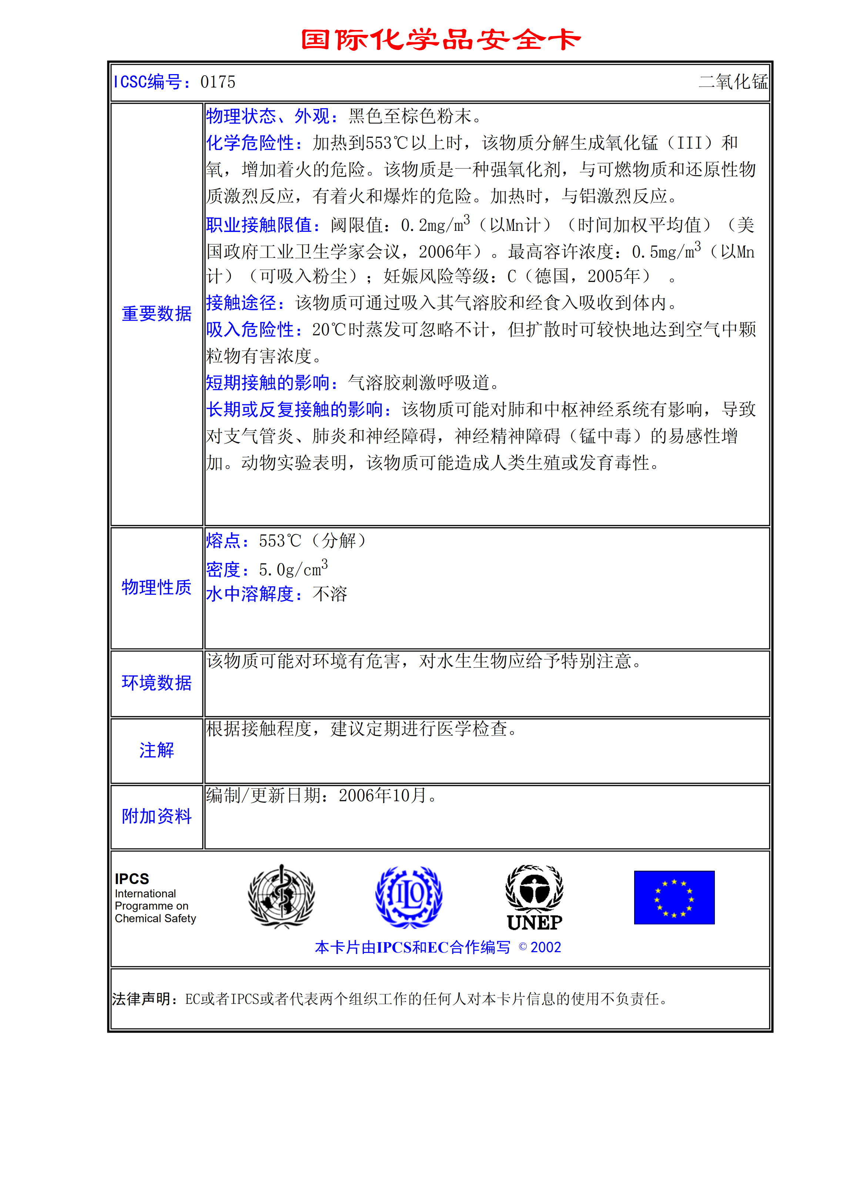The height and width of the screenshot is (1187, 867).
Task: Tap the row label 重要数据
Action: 156,314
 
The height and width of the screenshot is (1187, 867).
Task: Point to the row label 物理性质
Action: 156,587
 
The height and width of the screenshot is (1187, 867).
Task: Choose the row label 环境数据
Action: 156,683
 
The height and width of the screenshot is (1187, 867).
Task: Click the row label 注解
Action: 156,750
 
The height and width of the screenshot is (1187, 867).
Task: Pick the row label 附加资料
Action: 156,816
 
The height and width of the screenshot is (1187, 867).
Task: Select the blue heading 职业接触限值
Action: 262,225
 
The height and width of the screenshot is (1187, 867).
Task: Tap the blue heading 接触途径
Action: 245,303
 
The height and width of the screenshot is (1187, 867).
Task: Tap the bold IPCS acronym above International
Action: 132,879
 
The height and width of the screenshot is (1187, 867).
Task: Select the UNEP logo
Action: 534,898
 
